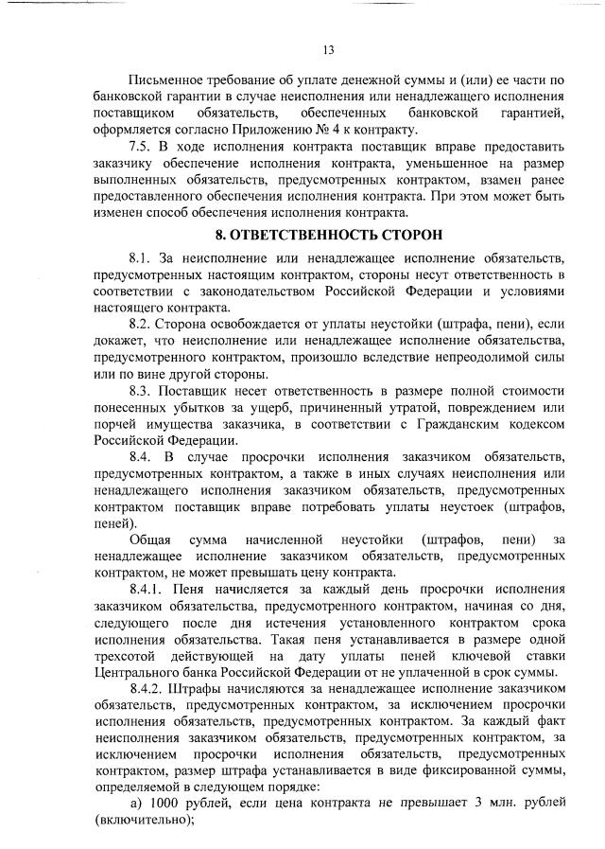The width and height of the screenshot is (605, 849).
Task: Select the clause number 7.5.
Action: pyautogui.click(x=142, y=149)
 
